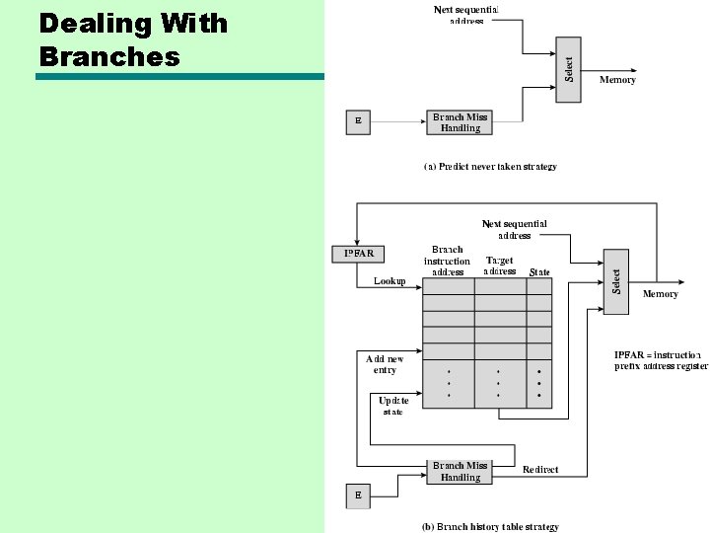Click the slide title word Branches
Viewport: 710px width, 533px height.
click(109, 56)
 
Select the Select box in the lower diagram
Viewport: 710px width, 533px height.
click(616, 281)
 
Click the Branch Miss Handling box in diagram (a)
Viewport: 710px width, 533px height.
click(460, 122)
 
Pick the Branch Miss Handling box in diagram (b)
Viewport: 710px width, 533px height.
click(460, 472)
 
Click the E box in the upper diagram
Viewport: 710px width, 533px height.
click(358, 122)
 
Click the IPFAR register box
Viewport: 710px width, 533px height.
click(358, 254)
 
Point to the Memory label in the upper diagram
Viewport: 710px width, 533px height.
click(618, 80)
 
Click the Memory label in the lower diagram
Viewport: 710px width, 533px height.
click(660, 294)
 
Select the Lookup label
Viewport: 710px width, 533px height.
click(390, 281)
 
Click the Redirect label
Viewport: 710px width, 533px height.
click(540, 470)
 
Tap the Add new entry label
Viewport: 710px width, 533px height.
click(385, 364)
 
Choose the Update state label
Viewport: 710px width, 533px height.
click(393, 406)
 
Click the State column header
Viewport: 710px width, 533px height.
click(539, 272)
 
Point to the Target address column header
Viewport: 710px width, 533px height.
click(500, 266)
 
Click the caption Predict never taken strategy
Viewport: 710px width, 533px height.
click(490, 167)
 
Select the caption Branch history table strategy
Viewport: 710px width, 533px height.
click(490, 527)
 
